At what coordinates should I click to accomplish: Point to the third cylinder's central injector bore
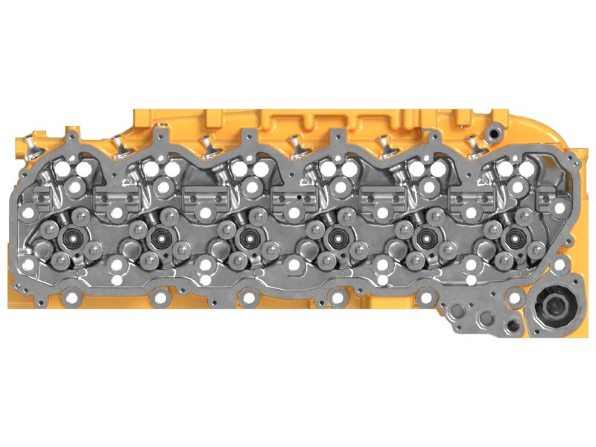(x=245, y=240)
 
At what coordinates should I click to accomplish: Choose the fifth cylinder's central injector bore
(x=425, y=240)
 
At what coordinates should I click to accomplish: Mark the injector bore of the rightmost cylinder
(x=513, y=240)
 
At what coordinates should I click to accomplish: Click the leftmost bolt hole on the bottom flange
(x=71, y=299)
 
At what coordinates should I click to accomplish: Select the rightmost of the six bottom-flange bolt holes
(x=514, y=299)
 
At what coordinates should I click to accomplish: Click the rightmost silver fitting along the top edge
(x=471, y=141)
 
